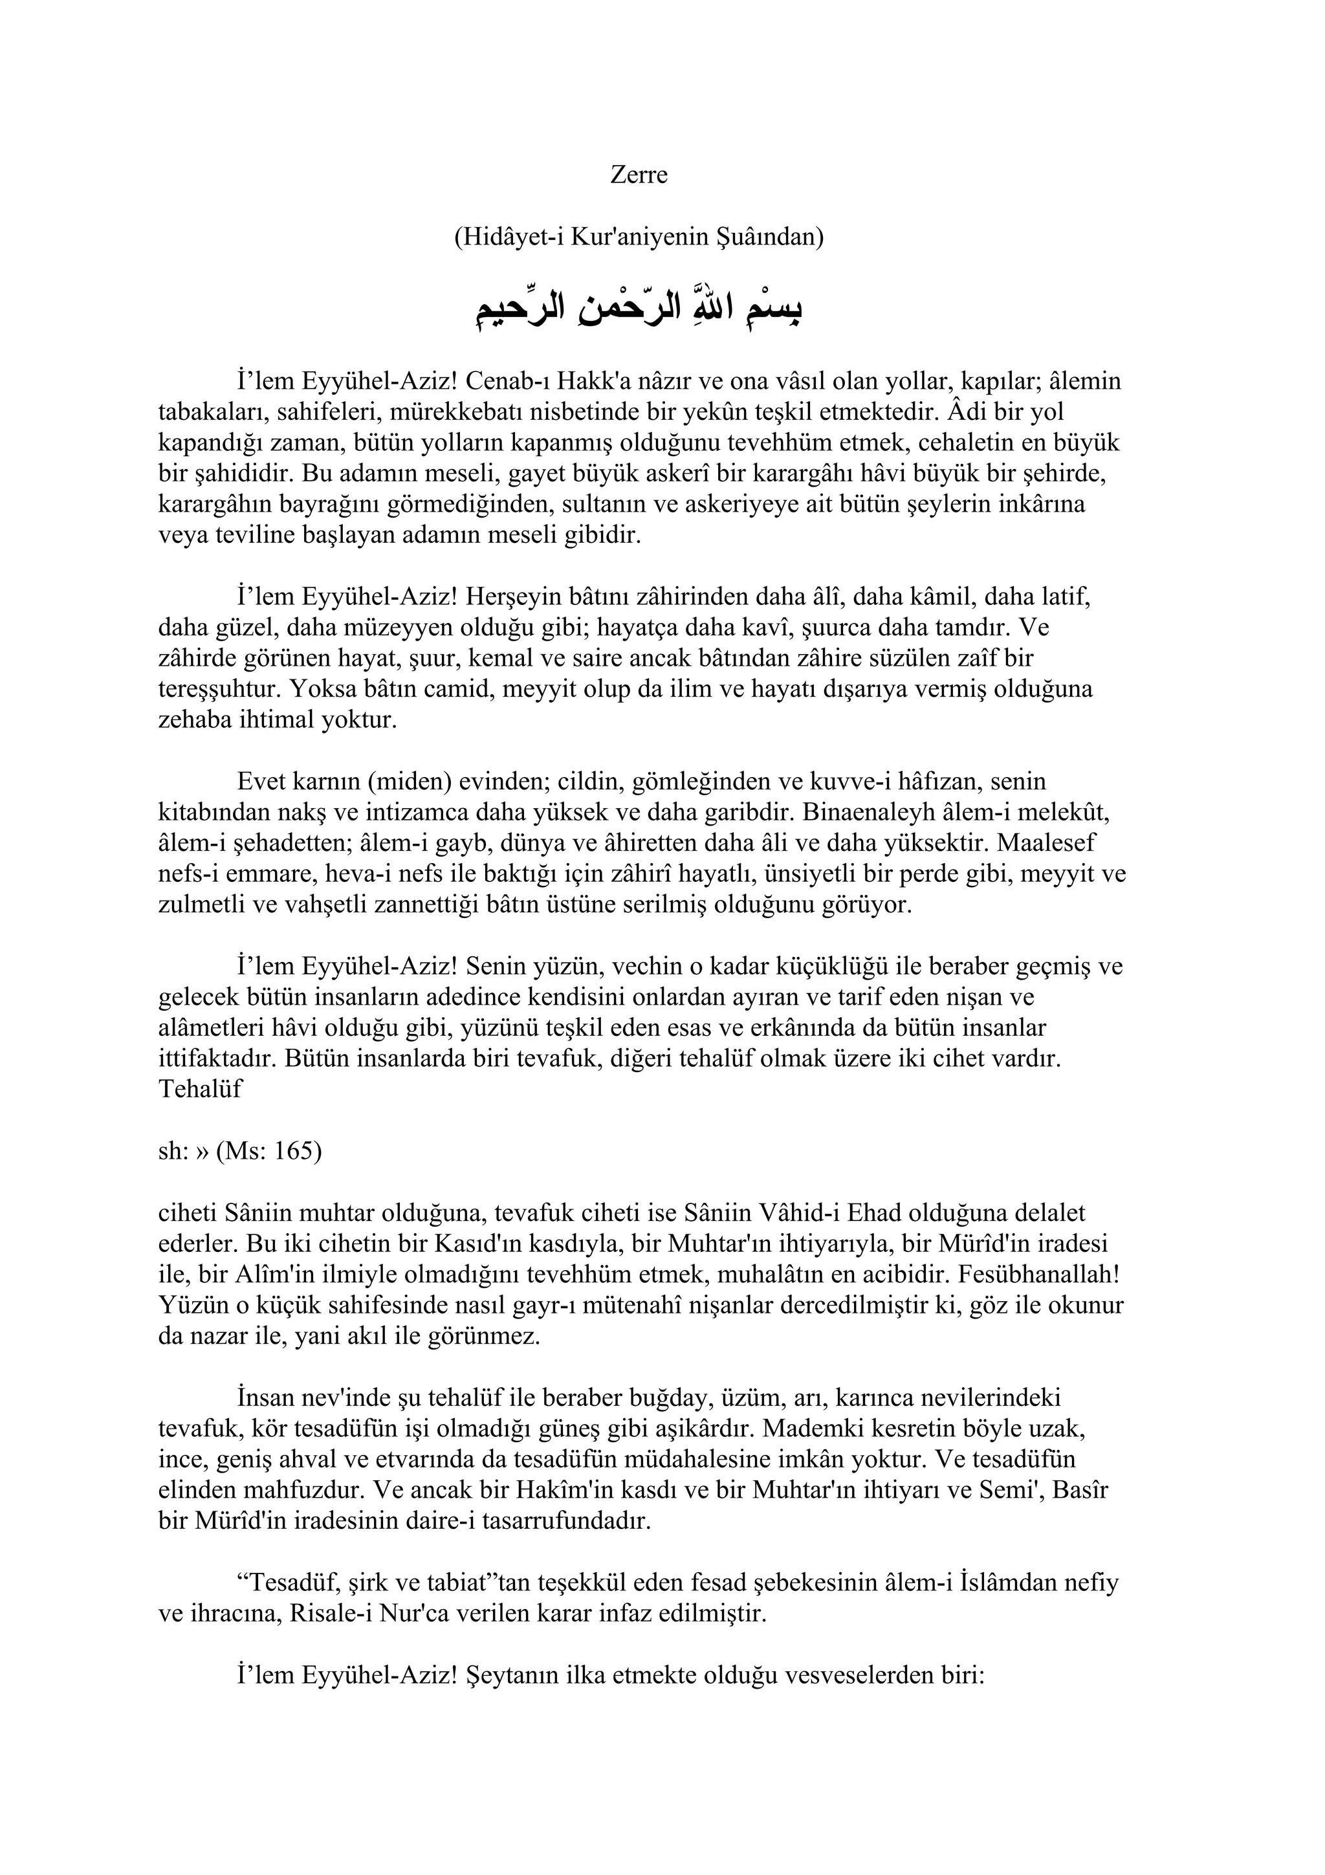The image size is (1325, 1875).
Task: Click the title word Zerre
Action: pos(639,175)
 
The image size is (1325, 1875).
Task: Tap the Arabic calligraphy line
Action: pos(639,307)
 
